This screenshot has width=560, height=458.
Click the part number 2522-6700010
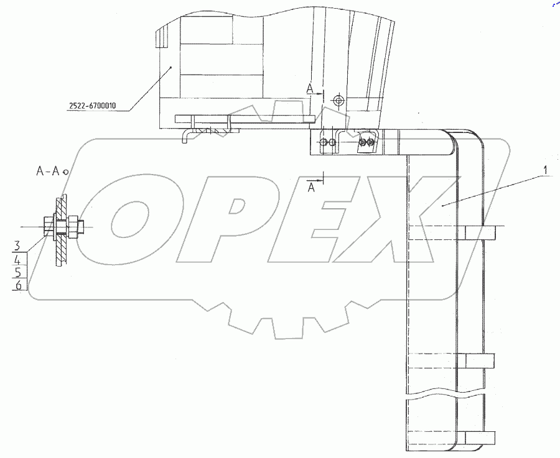point(93,106)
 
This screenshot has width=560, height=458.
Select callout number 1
point(545,171)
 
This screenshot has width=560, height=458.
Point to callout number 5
point(18,273)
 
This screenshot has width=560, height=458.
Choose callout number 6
point(19,285)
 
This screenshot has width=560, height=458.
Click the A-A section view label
point(47,172)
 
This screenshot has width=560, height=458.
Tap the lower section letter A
point(312,187)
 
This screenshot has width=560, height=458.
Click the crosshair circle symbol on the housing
point(338,100)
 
